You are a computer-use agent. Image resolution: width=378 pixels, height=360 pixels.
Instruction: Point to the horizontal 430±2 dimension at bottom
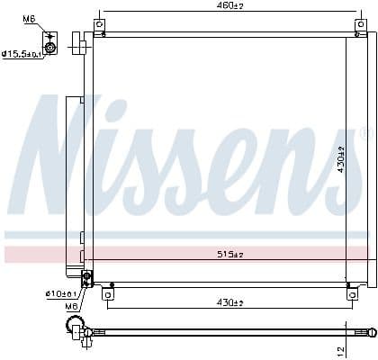click(229, 301)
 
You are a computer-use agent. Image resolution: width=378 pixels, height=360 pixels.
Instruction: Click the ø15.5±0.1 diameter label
click(20, 53)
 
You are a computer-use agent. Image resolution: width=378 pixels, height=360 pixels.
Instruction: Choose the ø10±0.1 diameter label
click(61, 293)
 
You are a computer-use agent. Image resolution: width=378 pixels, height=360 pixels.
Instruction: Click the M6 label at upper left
click(29, 19)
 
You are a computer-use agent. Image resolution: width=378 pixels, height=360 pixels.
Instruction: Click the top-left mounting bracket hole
click(101, 24)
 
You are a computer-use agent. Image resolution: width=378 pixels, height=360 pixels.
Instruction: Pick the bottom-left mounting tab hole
click(108, 293)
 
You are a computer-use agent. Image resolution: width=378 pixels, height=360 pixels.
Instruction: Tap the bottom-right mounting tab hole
click(351, 290)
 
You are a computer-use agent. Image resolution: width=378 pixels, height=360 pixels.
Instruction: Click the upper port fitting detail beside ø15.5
click(50, 46)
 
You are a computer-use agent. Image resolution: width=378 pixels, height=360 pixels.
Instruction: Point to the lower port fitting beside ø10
click(86, 277)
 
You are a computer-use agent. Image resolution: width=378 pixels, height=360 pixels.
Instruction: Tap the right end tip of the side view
click(371, 332)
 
